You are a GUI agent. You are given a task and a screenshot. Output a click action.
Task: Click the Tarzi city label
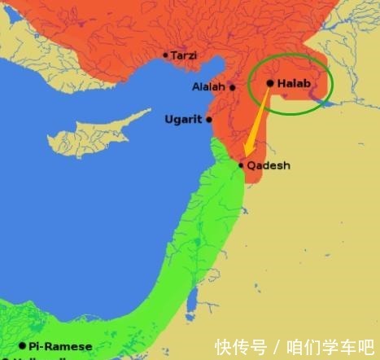(183, 55)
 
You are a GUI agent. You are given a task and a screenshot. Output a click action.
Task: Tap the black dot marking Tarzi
(166, 55)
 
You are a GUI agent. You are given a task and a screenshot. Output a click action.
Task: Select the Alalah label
(208, 86)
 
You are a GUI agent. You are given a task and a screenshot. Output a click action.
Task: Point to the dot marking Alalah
(232, 87)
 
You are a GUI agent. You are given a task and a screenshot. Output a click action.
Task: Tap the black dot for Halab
(270, 82)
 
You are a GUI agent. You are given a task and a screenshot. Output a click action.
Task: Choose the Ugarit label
(183, 119)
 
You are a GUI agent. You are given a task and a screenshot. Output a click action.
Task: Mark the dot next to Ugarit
(209, 120)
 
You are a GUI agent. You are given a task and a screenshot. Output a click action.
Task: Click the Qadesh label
(269, 165)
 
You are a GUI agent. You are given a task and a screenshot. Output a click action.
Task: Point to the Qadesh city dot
(241, 165)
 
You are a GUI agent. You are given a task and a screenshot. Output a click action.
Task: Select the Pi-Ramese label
(60, 346)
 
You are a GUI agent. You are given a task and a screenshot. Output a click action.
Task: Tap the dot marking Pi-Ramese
(22, 345)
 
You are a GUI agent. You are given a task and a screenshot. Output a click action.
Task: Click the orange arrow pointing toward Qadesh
(256, 122)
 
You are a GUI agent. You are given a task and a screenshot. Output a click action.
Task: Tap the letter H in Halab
(281, 82)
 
